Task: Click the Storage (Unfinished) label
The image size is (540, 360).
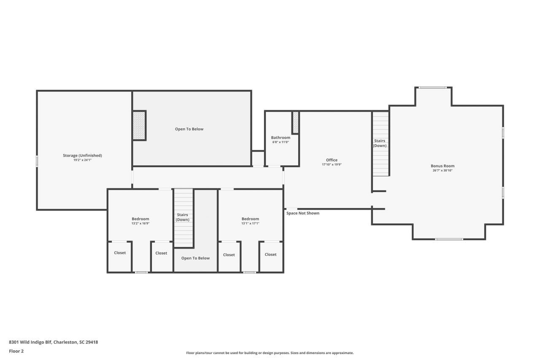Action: tap(82, 155)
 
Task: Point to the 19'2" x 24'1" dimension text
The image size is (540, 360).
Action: tap(82, 160)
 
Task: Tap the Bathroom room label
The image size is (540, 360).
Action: tap(281, 138)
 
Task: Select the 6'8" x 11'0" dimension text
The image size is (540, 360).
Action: tap(281, 142)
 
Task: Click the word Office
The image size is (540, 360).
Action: tap(332, 160)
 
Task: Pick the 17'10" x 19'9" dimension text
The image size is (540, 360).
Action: tap(332, 165)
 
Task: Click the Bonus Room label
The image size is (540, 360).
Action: tap(443, 166)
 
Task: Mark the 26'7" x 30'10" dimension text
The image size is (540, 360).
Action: tap(443, 171)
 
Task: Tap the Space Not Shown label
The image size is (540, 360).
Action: tap(303, 213)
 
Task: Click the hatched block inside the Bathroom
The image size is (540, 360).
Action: tap(296, 122)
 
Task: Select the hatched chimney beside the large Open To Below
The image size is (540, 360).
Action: tap(139, 125)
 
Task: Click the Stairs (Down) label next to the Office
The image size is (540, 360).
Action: tap(380, 143)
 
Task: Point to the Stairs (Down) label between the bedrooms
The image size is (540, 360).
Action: tap(183, 217)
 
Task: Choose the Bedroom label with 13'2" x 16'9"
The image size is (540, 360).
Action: tap(140, 219)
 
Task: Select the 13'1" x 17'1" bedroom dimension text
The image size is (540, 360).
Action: tap(250, 223)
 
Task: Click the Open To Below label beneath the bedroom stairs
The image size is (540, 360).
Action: tap(195, 258)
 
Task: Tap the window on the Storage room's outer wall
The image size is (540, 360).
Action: tap(37, 161)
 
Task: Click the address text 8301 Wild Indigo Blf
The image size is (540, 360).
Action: tap(30, 342)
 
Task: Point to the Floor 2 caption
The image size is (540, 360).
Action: tap(16, 351)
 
